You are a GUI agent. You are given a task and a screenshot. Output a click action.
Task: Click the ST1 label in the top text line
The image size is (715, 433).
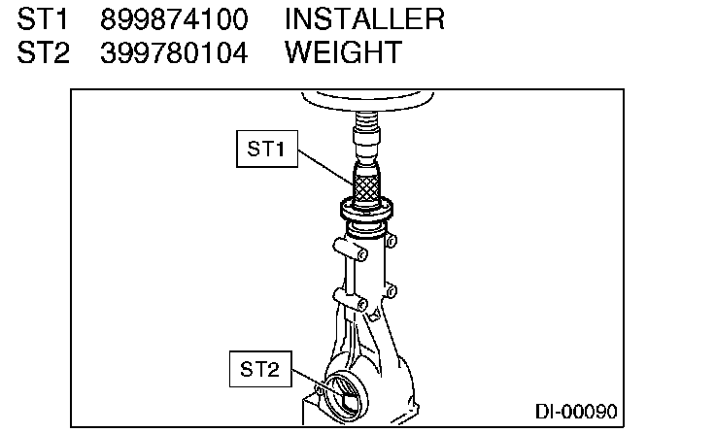click(43, 19)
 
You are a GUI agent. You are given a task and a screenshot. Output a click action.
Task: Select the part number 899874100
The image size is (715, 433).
click(174, 19)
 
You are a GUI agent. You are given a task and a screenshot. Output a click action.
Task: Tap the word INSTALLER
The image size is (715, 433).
click(364, 19)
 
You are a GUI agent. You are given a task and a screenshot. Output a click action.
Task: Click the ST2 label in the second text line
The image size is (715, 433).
click(44, 52)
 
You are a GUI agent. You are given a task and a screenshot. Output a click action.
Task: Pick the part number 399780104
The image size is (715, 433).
click(174, 52)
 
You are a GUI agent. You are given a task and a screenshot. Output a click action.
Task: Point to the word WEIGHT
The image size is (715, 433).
click(343, 52)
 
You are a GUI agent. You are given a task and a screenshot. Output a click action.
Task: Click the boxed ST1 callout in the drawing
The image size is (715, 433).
click(267, 150)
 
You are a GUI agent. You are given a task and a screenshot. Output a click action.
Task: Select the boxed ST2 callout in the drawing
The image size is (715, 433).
click(260, 369)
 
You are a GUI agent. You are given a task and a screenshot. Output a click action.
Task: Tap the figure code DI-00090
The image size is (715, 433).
click(576, 412)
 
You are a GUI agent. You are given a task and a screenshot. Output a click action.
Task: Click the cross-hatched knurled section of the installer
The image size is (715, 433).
click(366, 188)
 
